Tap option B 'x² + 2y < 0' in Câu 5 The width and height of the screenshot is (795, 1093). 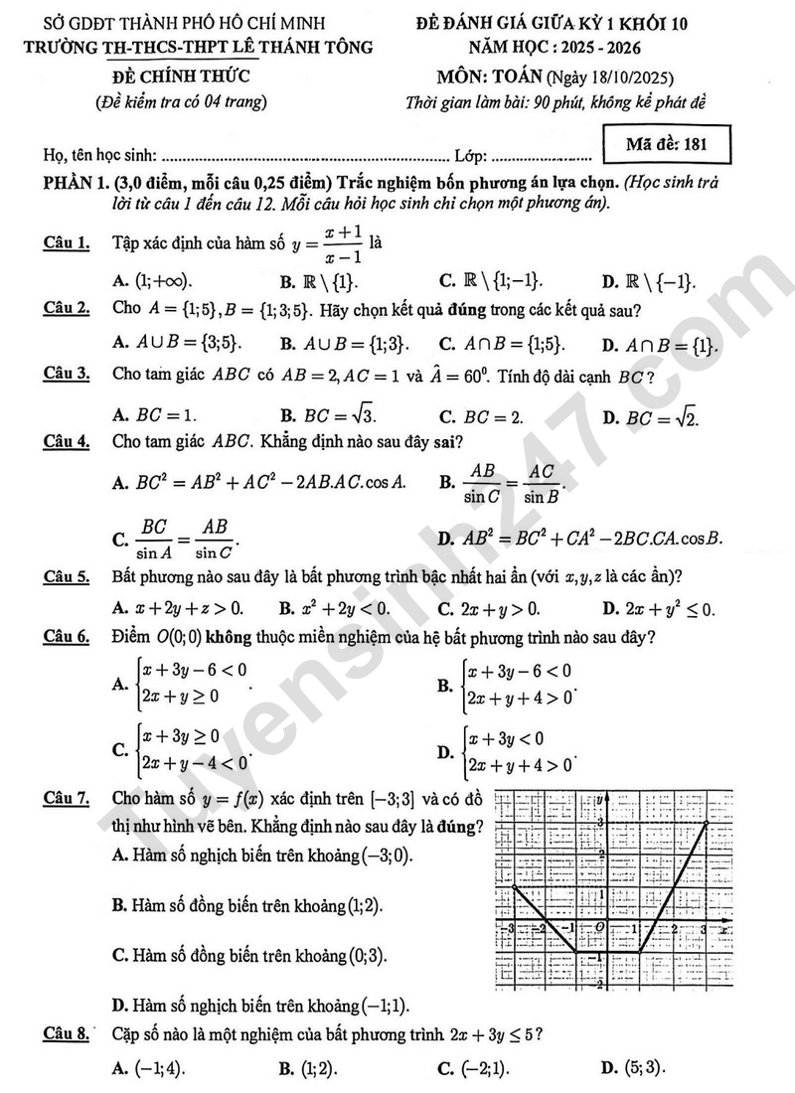pos(336,608)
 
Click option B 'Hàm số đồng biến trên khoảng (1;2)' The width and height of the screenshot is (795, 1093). pos(246,905)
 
